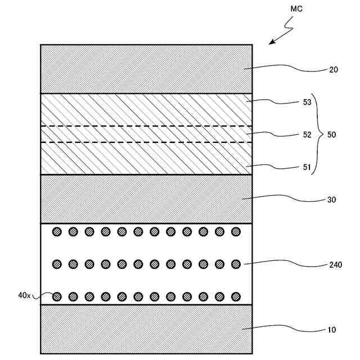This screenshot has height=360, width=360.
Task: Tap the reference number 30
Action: (x=332, y=200)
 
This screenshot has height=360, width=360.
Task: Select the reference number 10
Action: (x=332, y=330)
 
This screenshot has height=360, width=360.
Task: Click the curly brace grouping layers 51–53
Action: (x=316, y=135)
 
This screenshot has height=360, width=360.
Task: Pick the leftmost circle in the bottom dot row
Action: (x=56, y=296)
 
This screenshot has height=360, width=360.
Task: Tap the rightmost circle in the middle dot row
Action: (x=236, y=263)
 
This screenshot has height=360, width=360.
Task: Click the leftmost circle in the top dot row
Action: (x=56, y=231)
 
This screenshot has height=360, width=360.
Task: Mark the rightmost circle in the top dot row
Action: (x=236, y=231)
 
